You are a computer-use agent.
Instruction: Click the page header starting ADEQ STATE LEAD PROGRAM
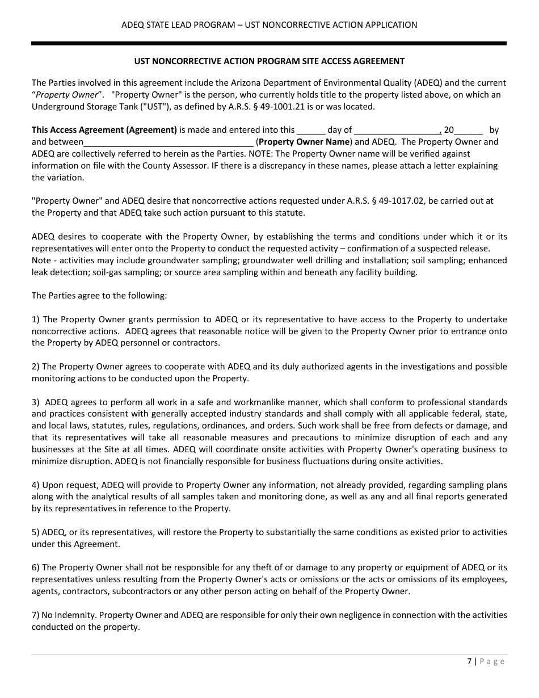[269, 25]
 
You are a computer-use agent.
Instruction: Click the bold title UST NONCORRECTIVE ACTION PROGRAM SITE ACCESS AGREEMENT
[269, 61]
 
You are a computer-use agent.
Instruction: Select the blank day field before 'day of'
[311, 130]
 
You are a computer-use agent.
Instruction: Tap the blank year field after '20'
[469, 130]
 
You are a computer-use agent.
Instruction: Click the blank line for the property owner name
[169, 142]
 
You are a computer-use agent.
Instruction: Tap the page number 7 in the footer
[469, 661]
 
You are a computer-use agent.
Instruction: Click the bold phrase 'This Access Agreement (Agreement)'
[104, 130]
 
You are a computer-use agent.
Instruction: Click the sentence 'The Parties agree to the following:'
[99, 296]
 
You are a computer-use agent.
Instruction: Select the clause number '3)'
[36, 402]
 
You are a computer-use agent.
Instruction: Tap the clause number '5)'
[36, 532]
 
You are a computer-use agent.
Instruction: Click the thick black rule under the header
[269, 43]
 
